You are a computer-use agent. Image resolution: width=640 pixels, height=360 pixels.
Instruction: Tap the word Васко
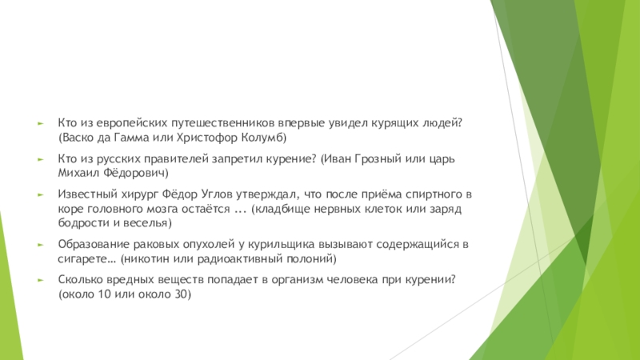coord(78,138)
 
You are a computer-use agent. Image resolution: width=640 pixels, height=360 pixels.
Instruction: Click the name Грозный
coord(384,158)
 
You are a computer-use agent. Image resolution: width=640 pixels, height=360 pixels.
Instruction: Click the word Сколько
coord(80,279)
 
